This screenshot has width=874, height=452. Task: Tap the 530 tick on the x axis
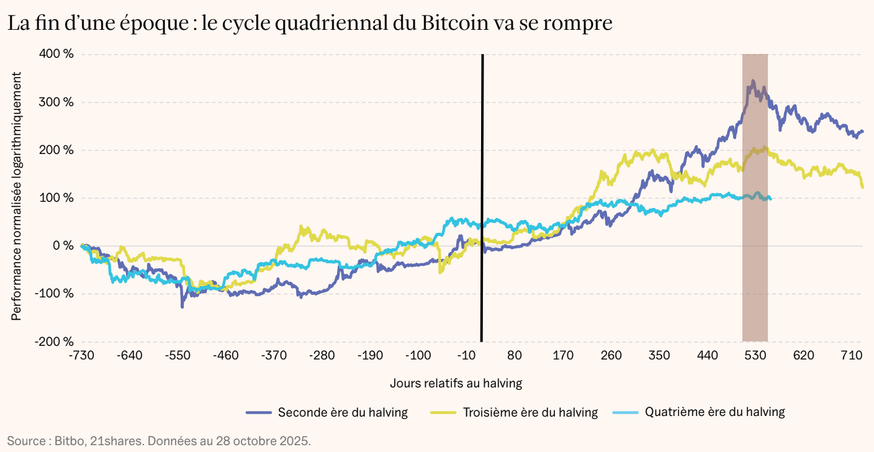point(755,356)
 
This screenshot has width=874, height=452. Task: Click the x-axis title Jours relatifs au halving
point(456,383)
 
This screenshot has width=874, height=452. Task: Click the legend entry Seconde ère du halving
point(343,412)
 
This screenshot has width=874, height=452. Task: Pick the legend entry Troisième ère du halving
point(530,412)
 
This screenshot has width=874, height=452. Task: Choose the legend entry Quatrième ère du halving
point(714,412)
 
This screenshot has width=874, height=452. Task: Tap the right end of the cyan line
point(770,198)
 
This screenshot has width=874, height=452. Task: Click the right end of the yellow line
point(863,187)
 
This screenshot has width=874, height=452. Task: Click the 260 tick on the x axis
point(611,356)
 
